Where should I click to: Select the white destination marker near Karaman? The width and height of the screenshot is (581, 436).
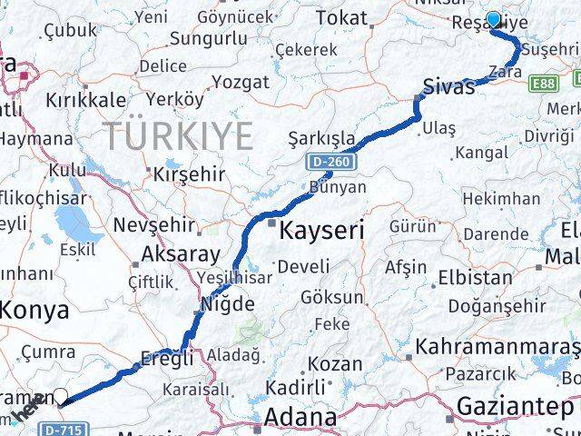[x=61, y=396]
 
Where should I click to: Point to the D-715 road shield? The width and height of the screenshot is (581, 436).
[x=60, y=426]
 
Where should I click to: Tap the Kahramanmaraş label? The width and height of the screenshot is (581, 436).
[x=497, y=348]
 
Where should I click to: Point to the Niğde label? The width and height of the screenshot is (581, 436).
[x=225, y=303]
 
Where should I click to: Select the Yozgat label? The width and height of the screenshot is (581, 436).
[x=240, y=82]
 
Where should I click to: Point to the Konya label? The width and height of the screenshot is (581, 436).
[x=34, y=311]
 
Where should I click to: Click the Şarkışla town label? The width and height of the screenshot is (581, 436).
[x=321, y=139]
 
